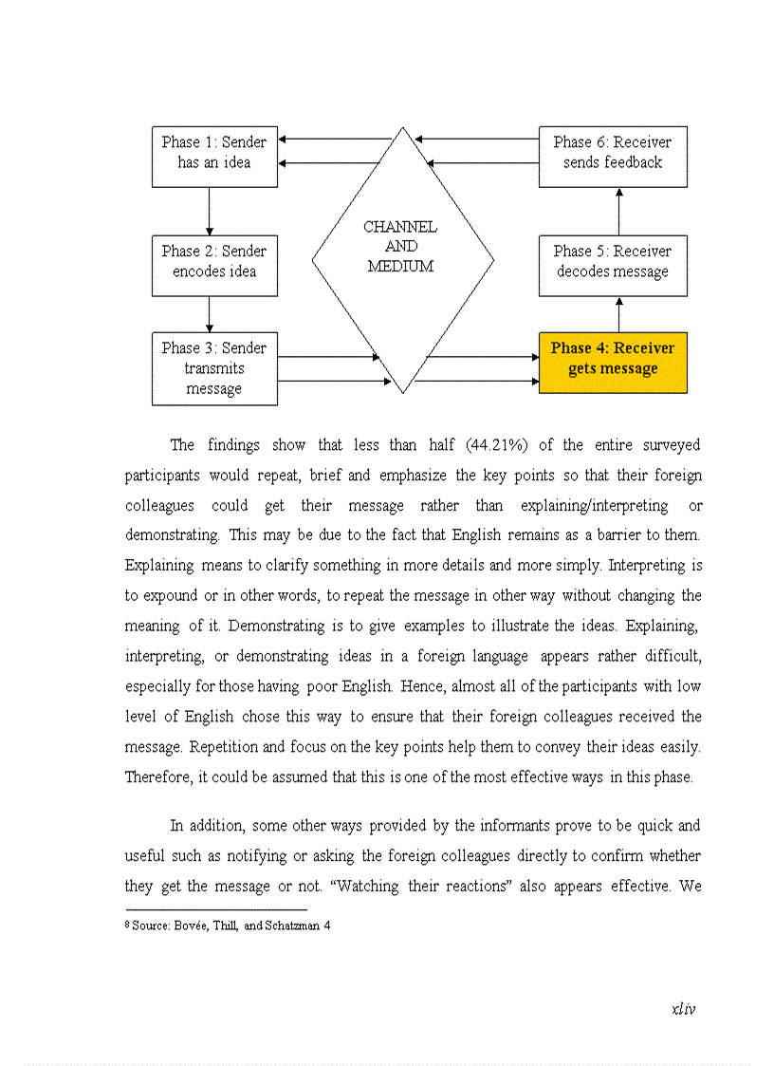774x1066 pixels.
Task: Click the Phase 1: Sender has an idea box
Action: (x=214, y=156)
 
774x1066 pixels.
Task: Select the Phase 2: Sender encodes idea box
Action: (x=214, y=265)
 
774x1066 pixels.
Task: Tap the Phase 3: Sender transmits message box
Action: (x=214, y=368)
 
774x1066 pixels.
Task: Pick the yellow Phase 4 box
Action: (x=613, y=362)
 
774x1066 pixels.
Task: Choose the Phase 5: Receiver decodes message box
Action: (x=613, y=265)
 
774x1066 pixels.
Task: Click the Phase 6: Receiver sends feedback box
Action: (x=613, y=156)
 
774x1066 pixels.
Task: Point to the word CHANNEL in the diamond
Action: (x=400, y=227)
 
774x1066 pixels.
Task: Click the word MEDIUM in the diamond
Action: (x=400, y=267)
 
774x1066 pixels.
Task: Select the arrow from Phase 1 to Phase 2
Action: (x=209, y=211)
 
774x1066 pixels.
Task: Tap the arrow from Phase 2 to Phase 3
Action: (x=209, y=313)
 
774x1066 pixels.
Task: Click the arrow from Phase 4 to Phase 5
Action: (x=619, y=314)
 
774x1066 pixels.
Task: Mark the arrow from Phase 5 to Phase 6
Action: (x=619, y=211)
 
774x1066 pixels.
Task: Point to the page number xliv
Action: (x=683, y=1009)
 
